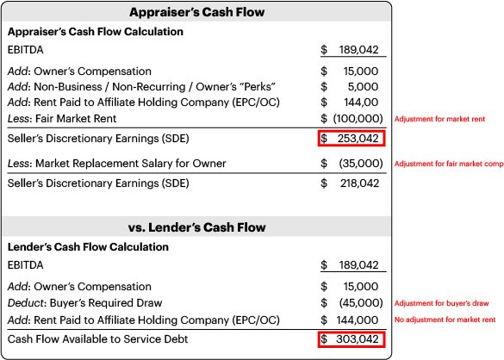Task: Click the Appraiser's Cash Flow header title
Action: coord(197,12)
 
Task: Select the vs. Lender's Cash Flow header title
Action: coord(196,227)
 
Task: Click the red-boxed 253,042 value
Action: coord(352,139)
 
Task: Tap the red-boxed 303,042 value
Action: coord(352,339)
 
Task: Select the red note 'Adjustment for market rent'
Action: coord(439,119)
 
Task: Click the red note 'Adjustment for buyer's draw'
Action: coord(441,303)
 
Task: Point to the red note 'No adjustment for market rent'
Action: coord(445,320)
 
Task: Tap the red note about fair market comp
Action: coord(449,164)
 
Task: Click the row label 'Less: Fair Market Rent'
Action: coord(62,119)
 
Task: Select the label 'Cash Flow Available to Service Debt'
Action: coord(97,339)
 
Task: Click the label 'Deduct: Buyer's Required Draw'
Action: coord(84,303)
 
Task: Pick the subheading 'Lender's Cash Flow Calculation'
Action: coord(88,247)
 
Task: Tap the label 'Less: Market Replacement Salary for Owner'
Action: coord(117,164)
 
